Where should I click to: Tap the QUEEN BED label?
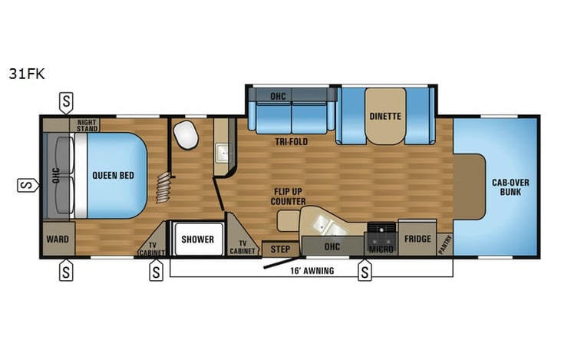point(113,175)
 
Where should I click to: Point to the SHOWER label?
point(197,239)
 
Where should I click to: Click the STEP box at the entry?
point(280,249)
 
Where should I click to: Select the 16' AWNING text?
point(312,271)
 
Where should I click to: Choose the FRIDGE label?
point(417,239)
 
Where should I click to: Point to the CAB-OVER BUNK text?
point(510,186)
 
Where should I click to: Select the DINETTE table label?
point(384,117)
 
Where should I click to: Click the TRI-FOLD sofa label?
point(292,142)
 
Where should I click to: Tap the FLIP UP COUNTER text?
point(289,196)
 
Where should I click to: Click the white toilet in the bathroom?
point(185,136)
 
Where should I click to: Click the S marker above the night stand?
point(68,101)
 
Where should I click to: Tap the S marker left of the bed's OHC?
point(26,184)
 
